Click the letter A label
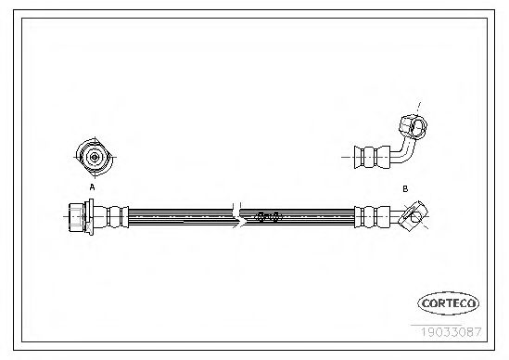(x=92, y=187)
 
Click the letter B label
(x=405, y=188)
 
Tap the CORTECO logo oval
(x=448, y=303)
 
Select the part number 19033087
(x=452, y=332)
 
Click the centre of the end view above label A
(x=95, y=157)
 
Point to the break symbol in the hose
(x=238, y=216)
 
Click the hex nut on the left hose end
(x=76, y=217)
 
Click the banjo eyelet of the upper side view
(x=413, y=126)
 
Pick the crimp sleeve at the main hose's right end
(x=372, y=217)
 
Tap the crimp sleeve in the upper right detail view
(x=372, y=157)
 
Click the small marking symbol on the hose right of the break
(x=268, y=216)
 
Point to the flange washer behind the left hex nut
(x=89, y=216)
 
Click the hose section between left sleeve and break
(x=181, y=217)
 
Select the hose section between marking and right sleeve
(x=318, y=217)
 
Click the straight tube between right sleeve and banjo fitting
(x=396, y=216)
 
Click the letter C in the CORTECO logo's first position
(x=426, y=303)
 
